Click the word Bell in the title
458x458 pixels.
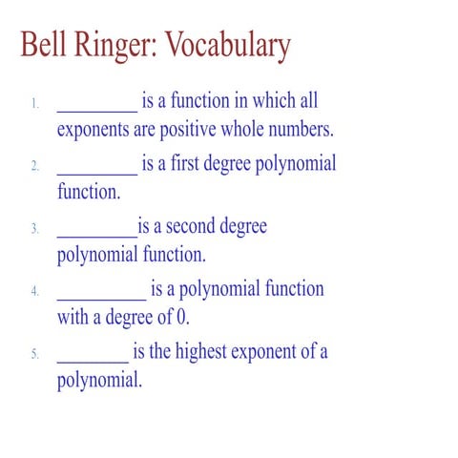click(x=45, y=46)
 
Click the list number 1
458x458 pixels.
click(x=34, y=102)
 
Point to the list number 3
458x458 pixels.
click(x=34, y=228)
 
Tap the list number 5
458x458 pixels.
click(x=34, y=354)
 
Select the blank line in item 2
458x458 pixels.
click(x=97, y=172)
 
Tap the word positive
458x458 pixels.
click(x=205, y=129)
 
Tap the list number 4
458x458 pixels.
click(x=34, y=291)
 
